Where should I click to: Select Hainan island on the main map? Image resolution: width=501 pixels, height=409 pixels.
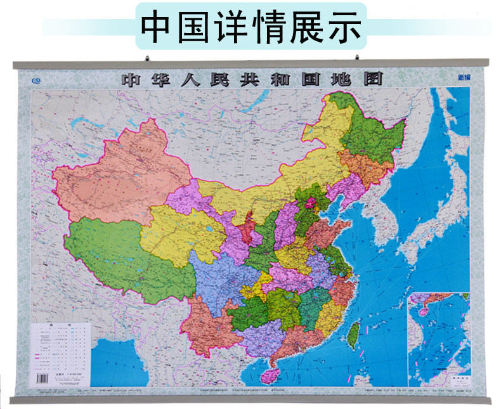point(270,374)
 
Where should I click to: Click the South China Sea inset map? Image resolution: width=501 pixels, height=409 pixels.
point(439,339)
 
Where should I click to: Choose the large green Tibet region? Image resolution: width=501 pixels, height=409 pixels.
point(120,254)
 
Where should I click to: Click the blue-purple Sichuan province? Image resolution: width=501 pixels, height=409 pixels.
point(222,279)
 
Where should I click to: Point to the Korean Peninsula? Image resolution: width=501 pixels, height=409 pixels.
point(381,216)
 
